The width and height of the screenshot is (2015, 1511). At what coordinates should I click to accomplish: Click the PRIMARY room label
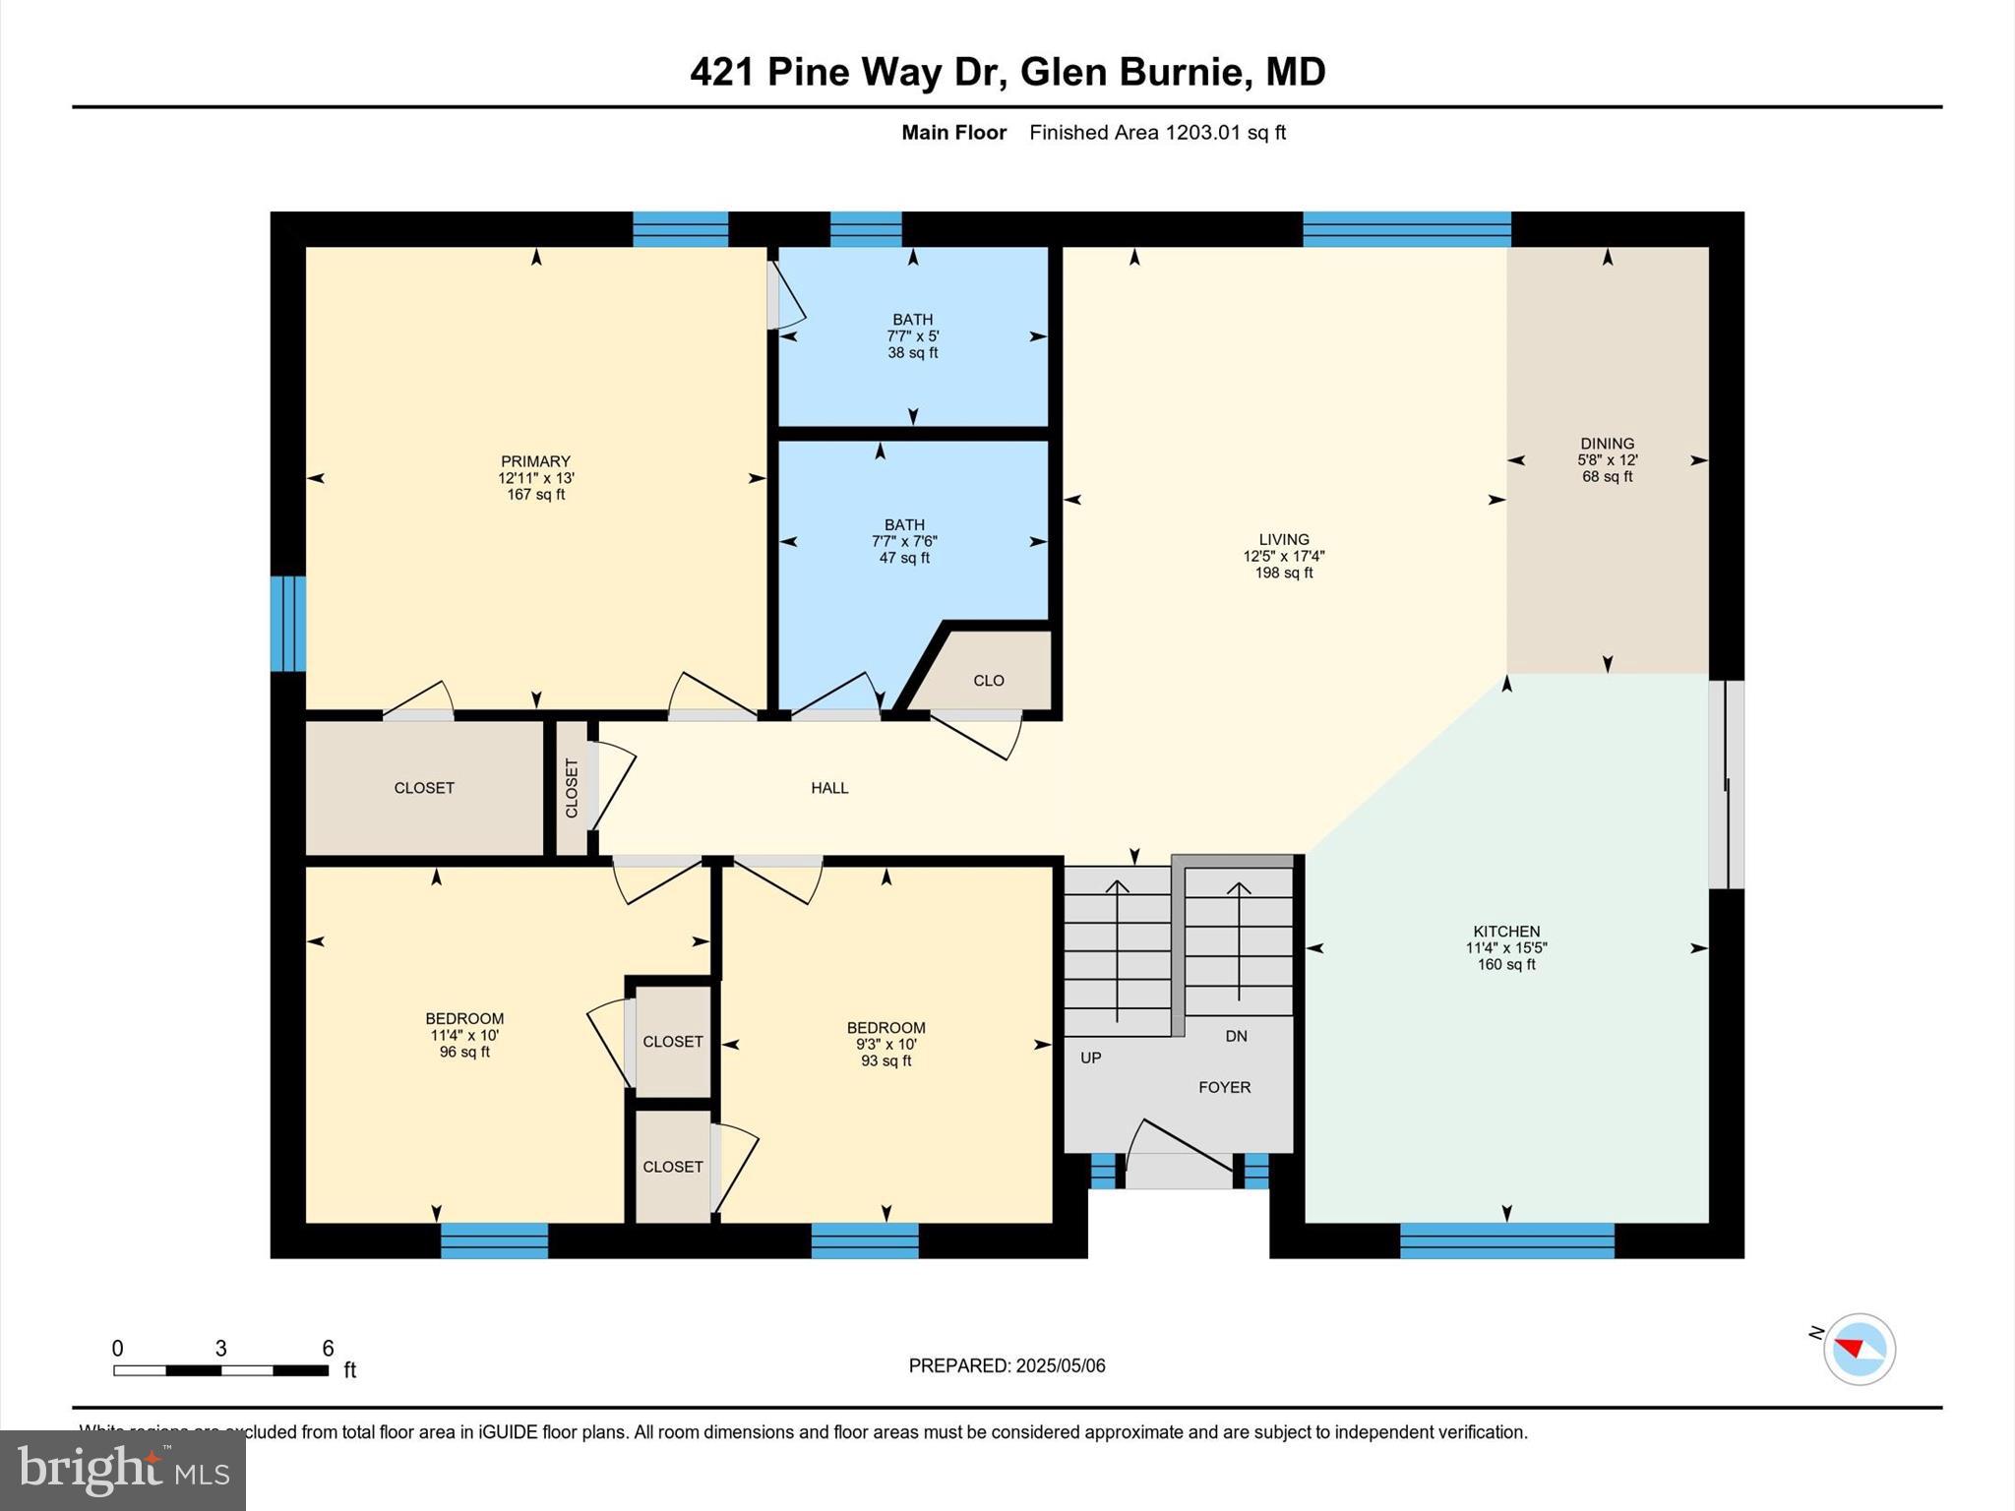535,461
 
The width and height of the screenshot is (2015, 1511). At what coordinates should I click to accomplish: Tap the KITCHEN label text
1506,932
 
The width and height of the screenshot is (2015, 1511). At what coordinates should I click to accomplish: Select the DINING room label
1607,444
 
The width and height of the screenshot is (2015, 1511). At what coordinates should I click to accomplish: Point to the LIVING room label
1283,539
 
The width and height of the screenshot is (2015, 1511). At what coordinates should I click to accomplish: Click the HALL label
829,787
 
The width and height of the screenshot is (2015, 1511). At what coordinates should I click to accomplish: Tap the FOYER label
1224,1087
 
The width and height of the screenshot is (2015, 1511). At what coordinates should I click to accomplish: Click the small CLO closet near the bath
988,681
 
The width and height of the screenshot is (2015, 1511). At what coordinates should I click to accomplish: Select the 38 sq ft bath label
912,335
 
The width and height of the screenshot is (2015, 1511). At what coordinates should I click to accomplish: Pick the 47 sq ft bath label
904,541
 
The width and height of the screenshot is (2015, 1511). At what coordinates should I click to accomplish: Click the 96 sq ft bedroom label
464,1035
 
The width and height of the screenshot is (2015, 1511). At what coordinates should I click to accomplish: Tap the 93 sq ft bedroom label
885,1044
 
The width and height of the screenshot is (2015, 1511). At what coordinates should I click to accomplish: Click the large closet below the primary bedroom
424,788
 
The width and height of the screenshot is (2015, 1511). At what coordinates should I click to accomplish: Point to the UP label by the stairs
1090,1058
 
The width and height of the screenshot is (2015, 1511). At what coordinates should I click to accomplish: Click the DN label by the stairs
1236,1036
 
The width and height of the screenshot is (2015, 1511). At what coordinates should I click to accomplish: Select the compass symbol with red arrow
1859,1349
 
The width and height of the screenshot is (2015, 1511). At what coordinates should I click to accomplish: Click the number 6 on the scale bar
328,1348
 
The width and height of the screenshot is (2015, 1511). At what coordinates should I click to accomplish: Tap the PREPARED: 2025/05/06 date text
1007,1365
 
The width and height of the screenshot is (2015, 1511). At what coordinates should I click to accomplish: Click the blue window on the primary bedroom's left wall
287,624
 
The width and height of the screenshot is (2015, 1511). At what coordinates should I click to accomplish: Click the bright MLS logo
123,1471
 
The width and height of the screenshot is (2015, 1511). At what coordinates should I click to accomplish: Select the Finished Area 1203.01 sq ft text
1157,133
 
